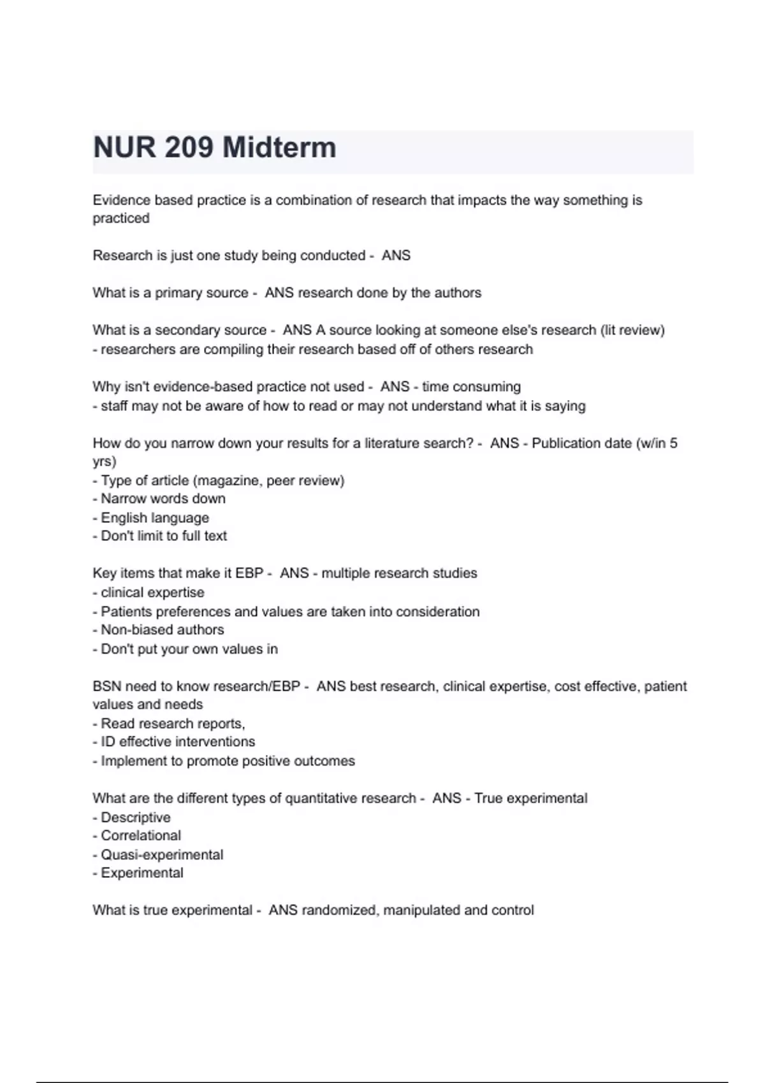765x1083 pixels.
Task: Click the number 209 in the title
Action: [x=189, y=148]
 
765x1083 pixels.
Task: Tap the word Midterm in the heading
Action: [x=279, y=148]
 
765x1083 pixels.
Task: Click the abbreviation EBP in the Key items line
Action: [x=249, y=573]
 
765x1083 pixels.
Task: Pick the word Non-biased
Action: [x=131, y=630]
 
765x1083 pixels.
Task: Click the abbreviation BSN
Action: [x=106, y=687]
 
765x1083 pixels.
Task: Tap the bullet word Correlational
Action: [x=141, y=836]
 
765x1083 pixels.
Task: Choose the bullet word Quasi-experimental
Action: [x=162, y=855]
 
